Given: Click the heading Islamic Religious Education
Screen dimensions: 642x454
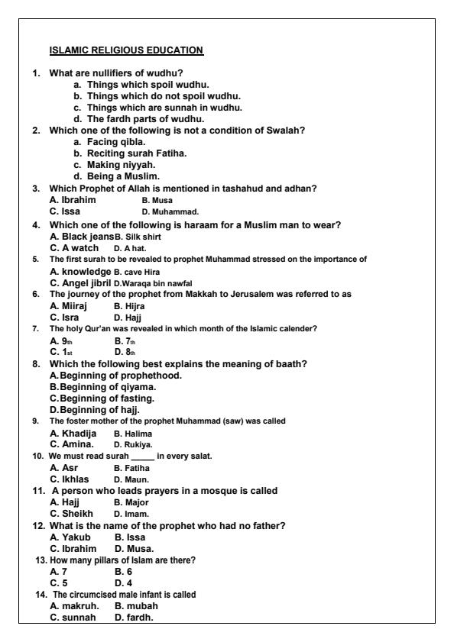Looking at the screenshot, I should [x=126, y=50].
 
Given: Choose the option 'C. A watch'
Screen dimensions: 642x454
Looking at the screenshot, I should [x=74, y=247].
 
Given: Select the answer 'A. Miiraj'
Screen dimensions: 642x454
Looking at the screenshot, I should [x=71, y=305].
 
